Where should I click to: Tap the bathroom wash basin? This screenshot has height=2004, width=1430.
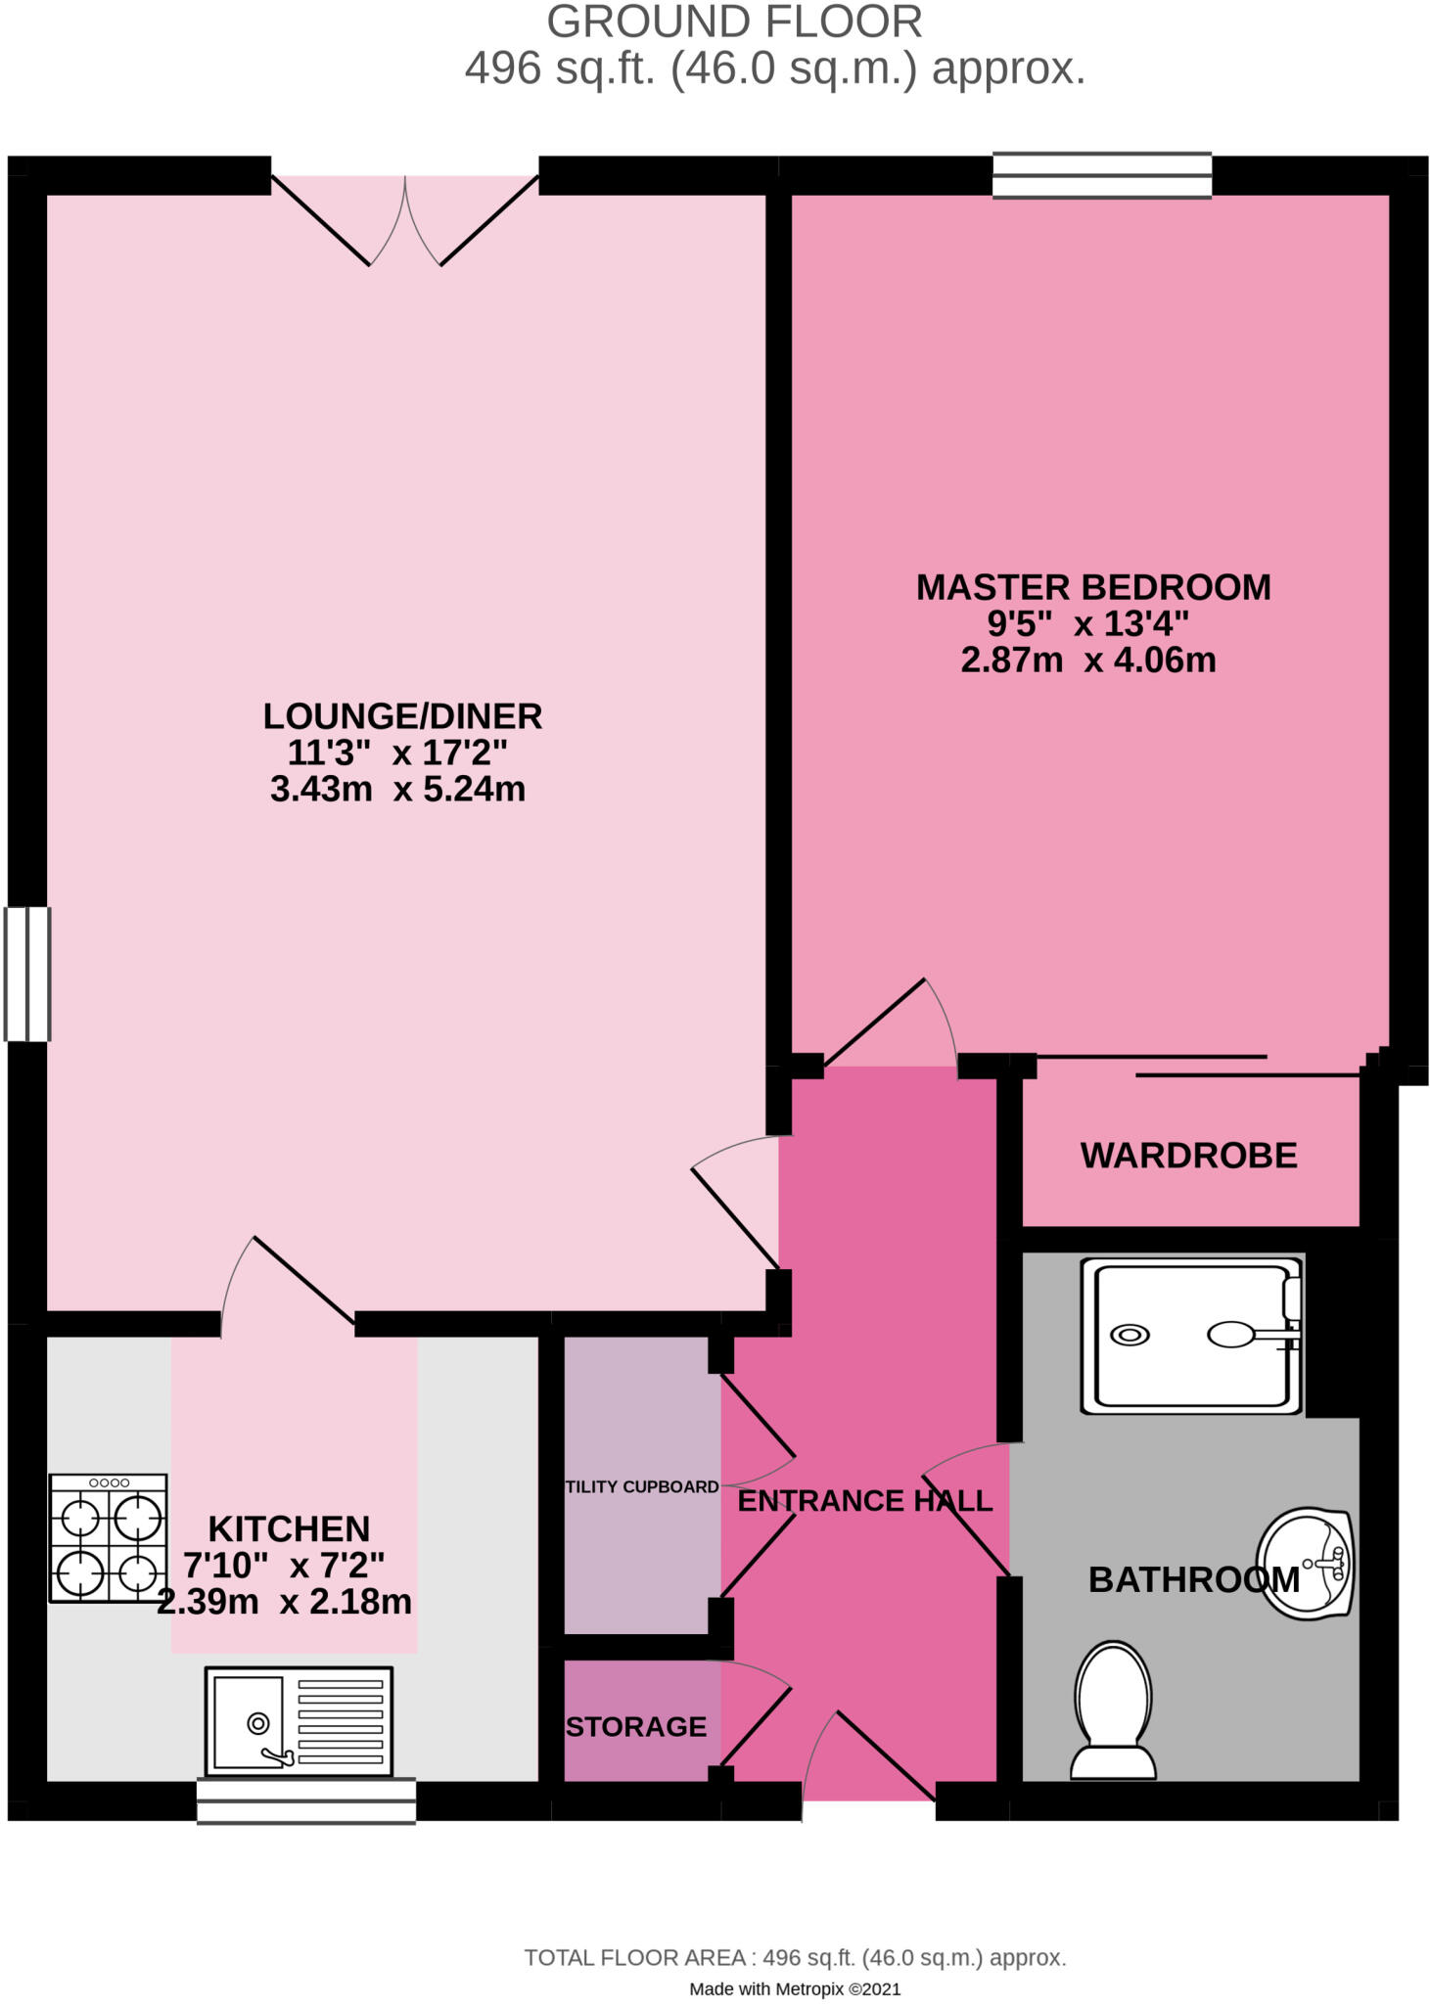coord(1306,1563)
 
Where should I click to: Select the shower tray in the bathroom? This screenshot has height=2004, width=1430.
coord(1190,1336)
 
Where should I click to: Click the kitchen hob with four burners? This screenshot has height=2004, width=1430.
coord(109,1538)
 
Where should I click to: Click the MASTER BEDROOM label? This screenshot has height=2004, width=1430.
coord(1092,587)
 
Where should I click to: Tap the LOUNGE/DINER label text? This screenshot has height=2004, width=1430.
coord(402,716)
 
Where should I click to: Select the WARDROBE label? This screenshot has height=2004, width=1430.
coord(1188,1156)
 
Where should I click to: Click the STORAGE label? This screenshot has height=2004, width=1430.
coord(636,1726)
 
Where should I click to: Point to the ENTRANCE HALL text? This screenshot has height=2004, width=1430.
coord(864,1501)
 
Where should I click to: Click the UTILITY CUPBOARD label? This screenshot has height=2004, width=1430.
coord(642,1486)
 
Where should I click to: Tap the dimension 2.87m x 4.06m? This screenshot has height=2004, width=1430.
coord(1087,660)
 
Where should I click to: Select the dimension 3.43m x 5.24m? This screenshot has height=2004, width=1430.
coord(397,789)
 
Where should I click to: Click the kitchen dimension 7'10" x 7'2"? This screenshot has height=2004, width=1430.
coord(284,1566)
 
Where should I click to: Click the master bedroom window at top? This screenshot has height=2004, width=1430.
coord(1102,176)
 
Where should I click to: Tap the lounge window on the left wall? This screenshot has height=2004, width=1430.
coord(27,974)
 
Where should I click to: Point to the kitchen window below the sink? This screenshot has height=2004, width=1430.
coord(306,1801)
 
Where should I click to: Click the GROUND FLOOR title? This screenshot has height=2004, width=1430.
coord(734,23)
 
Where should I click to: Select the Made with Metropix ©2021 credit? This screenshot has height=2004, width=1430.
coord(795,1988)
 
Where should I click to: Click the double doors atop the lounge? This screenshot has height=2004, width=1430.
coord(405,220)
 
